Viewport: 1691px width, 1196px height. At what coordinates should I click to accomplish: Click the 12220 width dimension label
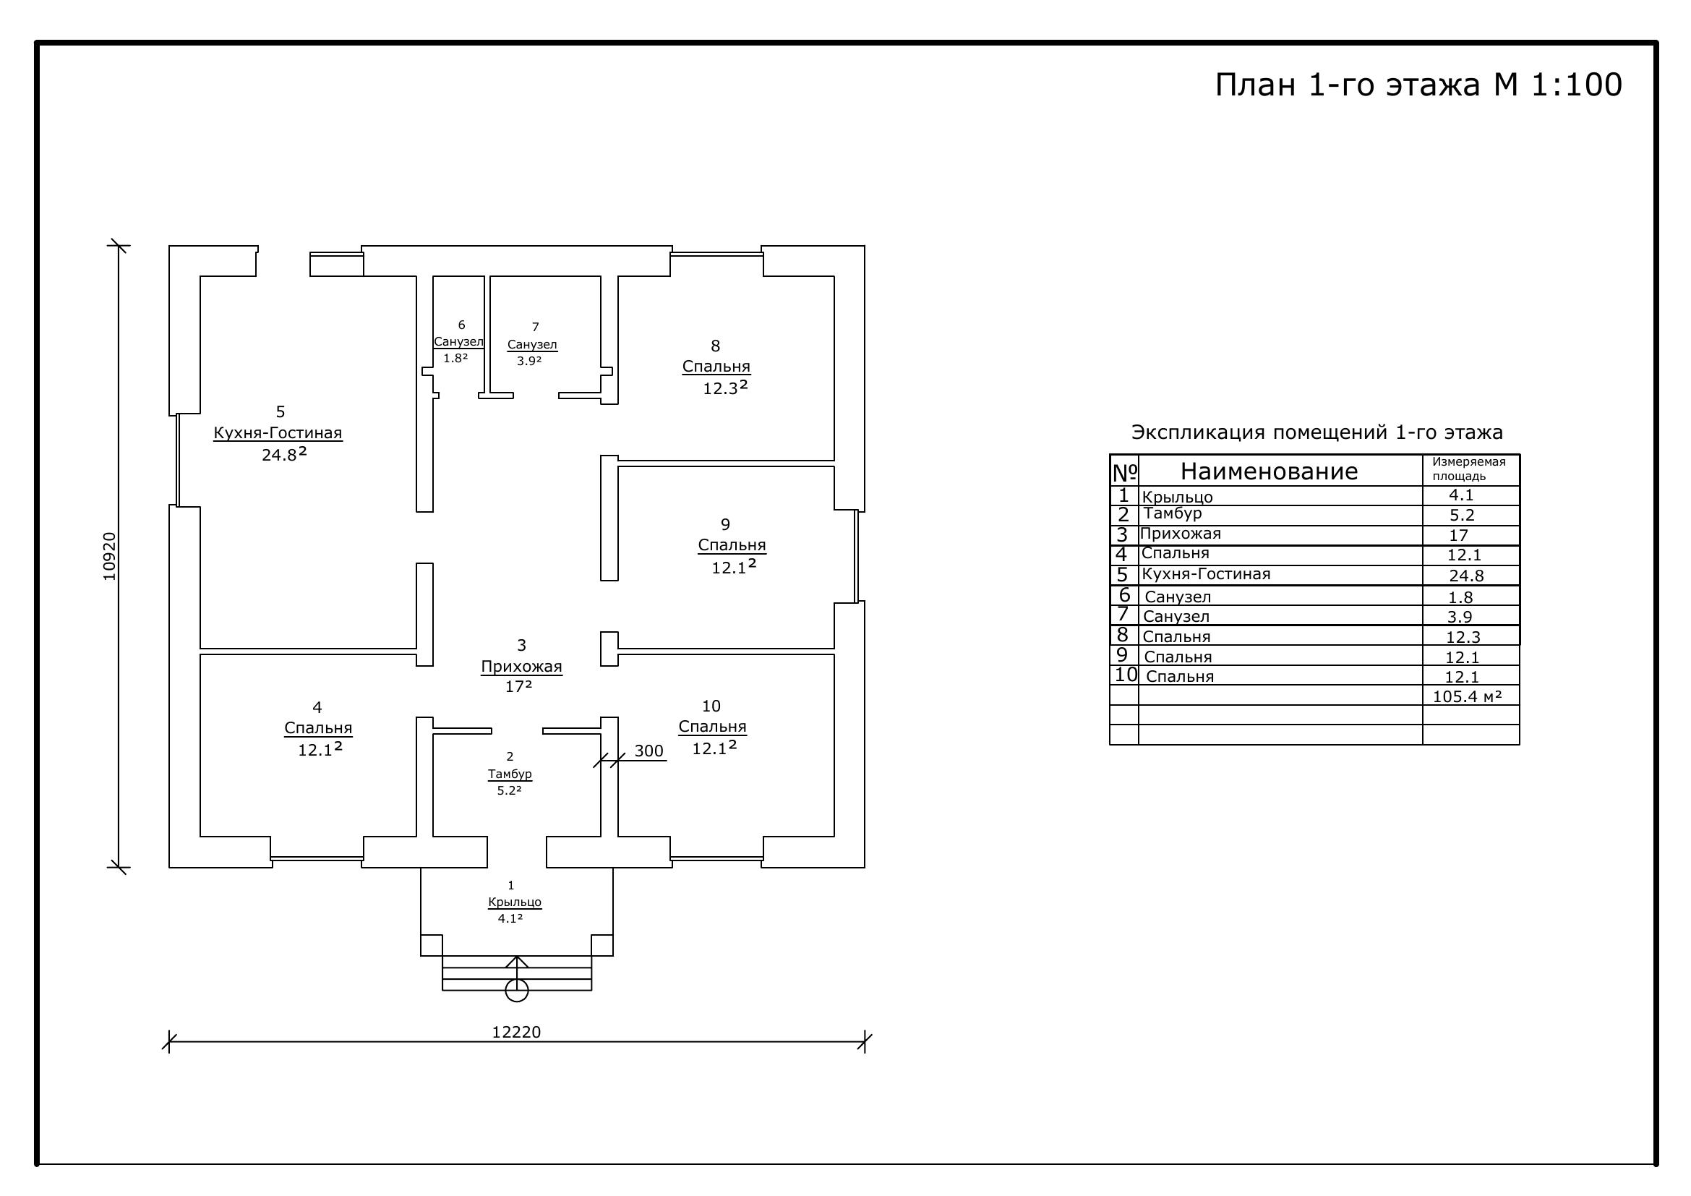[516, 1032]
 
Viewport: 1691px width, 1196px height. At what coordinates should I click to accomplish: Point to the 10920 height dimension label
[109, 557]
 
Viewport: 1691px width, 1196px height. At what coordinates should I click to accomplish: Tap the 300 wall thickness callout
[648, 751]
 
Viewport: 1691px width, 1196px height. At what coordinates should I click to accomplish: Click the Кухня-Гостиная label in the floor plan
[278, 432]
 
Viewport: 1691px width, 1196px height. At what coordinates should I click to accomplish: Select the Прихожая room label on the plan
[521, 667]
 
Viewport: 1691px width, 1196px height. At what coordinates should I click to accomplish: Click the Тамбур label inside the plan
[510, 774]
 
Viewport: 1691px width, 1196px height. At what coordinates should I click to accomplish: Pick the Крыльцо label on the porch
[515, 902]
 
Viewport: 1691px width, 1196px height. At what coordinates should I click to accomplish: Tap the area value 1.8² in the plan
[455, 358]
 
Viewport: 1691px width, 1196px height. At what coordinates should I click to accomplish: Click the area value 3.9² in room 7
[528, 361]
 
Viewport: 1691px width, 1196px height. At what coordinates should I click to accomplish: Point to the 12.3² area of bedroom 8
[725, 388]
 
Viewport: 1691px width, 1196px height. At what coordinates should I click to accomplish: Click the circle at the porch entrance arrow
[517, 991]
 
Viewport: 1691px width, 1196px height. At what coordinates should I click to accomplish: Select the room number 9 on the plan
[725, 524]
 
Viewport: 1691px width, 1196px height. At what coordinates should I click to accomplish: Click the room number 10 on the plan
[711, 706]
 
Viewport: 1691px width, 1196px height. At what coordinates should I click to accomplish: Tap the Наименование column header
[1269, 471]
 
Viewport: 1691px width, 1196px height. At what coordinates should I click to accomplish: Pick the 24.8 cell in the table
[1466, 576]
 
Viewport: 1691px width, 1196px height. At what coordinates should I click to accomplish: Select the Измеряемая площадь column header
[1469, 469]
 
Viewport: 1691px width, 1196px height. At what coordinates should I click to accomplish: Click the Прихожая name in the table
[1180, 534]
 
